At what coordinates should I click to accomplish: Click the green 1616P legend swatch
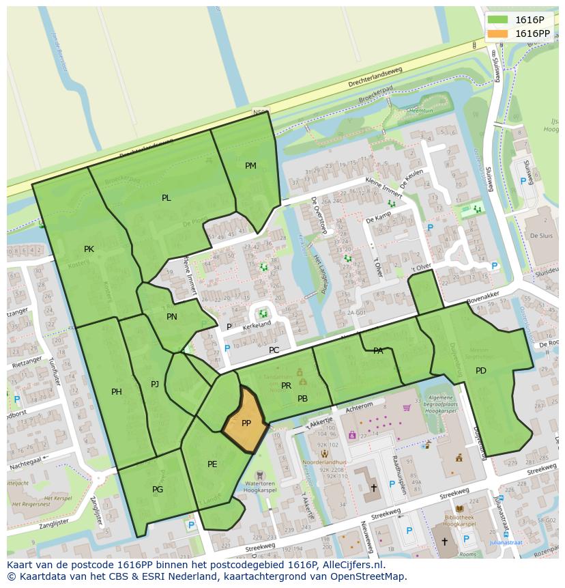click(x=497, y=20)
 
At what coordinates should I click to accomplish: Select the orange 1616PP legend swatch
click(x=497, y=33)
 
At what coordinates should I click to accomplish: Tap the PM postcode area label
click(x=250, y=166)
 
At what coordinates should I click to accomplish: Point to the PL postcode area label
click(x=166, y=198)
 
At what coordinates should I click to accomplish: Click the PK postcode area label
click(x=89, y=249)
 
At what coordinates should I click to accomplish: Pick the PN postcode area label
click(x=171, y=317)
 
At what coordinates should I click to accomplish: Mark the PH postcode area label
click(x=117, y=392)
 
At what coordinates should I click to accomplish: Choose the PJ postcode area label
click(x=155, y=384)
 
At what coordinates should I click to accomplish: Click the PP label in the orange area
click(x=246, y=423)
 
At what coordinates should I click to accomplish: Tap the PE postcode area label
click(x=212, y=464)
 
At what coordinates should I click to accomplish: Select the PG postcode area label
click(x=158, y=490)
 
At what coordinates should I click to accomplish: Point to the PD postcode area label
click(x=481, y=371)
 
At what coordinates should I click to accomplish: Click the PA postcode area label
click(x=378, y=351)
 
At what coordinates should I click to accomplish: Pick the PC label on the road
click(x=274, y=350)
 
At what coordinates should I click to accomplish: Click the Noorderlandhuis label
click(x=325, y=462)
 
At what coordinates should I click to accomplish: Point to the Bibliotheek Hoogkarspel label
click(x=459, y=521)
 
